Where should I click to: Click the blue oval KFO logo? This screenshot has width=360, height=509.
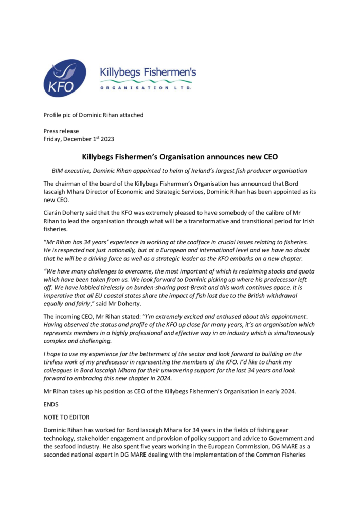[65, 79]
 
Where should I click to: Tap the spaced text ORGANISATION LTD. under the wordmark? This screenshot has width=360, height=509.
[146, 88]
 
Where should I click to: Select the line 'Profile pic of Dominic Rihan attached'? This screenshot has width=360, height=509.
[94, 115]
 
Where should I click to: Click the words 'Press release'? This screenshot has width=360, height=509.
[61, 131]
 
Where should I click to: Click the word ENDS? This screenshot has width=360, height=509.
[51, 404]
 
